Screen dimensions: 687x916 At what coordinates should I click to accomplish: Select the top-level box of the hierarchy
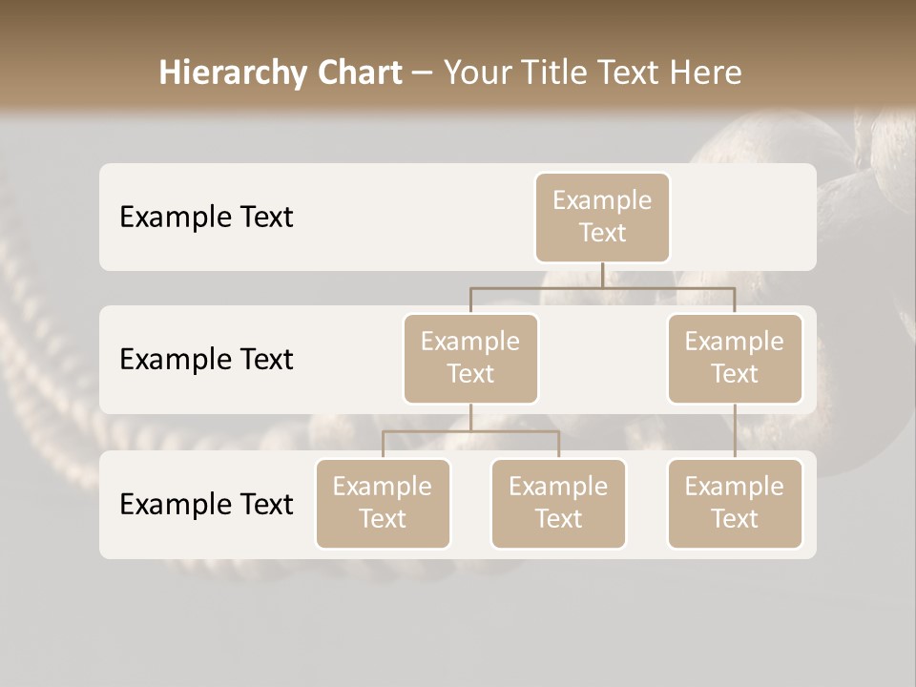(602, 218)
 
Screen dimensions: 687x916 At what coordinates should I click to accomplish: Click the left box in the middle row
(470, 359)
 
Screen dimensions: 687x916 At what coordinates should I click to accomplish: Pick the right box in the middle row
(735, 359)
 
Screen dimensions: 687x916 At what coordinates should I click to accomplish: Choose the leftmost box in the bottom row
(383, 504)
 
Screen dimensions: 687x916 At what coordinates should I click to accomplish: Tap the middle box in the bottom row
(558, 504)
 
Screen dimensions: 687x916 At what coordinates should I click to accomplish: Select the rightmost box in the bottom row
(735, 504)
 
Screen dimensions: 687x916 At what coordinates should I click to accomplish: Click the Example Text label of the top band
(206, 218)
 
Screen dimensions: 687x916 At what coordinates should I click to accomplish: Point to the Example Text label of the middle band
(206, 360)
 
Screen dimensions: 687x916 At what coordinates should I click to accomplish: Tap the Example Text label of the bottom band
(206, 504)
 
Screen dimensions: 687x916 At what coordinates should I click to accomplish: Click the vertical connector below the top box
(602, 275)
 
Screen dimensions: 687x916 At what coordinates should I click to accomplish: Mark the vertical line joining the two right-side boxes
(735, 431)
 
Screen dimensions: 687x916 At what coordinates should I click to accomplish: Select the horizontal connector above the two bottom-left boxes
(470, 431)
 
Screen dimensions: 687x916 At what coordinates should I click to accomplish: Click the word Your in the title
(474, 73)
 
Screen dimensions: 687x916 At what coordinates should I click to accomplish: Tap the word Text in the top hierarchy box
(602, 233)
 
